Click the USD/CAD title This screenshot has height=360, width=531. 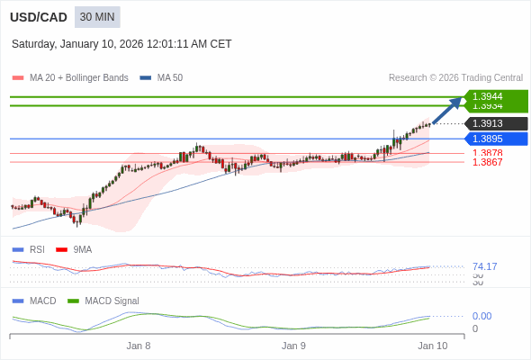[39, 17]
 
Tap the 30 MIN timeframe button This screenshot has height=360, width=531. [97, 17]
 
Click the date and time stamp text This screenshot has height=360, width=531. [121, 43]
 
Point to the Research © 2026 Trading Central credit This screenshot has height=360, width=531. [455, 78]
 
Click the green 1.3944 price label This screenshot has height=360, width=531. [495, 96]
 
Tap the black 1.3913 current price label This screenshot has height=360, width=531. [495, 123]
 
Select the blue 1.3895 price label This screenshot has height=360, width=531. [495, 139]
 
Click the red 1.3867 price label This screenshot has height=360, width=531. [487, 163]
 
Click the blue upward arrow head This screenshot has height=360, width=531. [458, 99]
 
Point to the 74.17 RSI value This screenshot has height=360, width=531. [484, 266]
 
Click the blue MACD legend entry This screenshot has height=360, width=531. [41, 301]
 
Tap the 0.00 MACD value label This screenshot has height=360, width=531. [481, 316]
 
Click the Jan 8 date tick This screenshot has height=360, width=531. [139, 346]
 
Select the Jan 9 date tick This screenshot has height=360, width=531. [293, 346]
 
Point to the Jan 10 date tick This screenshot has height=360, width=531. [432, 346]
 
